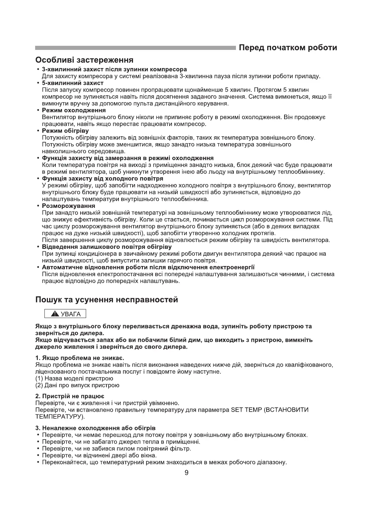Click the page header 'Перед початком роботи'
288,47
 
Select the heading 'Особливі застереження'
84,60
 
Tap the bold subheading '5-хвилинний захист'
73,83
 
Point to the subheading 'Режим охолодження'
74,110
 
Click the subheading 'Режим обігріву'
65,131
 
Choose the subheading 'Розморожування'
69,206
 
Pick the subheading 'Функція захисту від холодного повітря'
103,179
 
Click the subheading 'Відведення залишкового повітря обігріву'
107,247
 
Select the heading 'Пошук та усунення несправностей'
107,299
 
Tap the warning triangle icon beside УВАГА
54,314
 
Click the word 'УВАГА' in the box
70,314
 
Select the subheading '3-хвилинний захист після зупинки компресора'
114,70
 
